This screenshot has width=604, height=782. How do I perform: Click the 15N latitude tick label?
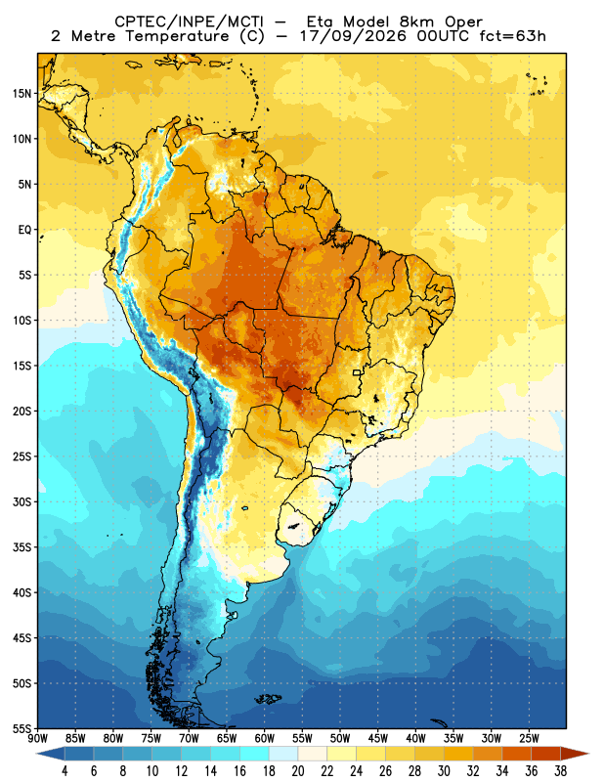pos(22,93)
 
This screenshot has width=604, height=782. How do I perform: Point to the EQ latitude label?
pos(25,230)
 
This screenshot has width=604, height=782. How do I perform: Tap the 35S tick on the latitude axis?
pos(22,547)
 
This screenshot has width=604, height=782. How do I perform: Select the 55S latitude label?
pos(22,729)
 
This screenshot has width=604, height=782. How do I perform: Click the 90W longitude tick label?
pos(37,739)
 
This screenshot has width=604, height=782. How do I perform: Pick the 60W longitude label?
pos(264,739)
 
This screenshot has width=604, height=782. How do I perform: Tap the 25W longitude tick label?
pos(529,739)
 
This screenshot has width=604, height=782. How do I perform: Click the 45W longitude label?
pos(378,739)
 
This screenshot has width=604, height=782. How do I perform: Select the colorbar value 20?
pos(298,771)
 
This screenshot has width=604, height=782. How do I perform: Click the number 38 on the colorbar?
pos(561,771)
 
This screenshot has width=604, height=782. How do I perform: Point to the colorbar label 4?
pos(65,771)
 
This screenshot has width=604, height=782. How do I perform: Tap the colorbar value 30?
pos(444,771)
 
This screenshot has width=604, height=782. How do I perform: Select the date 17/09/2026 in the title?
pos(353,36)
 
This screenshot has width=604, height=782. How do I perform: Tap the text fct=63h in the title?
pos(512,36)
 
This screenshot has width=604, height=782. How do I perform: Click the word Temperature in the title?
pos(177,36)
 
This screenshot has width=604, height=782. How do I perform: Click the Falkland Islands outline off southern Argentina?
pos(268,699)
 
